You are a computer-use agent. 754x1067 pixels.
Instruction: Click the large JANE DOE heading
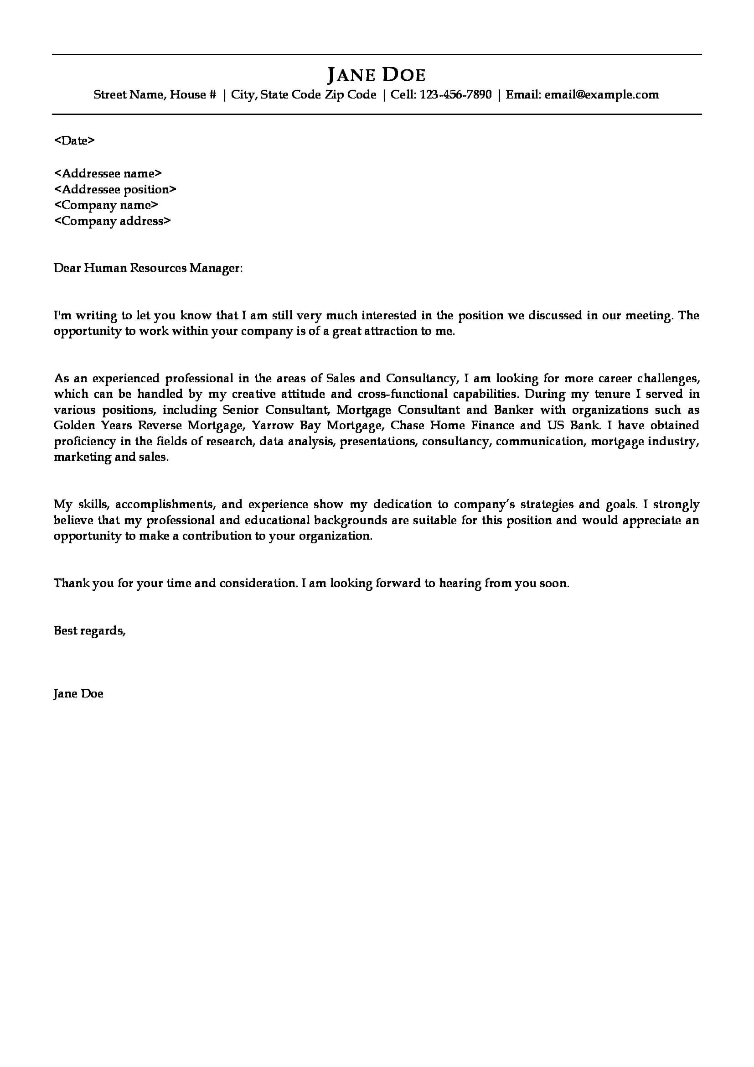click(x=377, y=75)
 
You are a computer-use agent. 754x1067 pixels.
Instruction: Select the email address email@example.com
click(x=602, y=95)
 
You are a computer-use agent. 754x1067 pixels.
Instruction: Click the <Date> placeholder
click(x=75, y=141)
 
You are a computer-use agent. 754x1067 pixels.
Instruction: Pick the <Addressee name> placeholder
click(x=108, y=173)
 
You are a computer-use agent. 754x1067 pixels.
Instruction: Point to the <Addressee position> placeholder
click(x=115, y=189)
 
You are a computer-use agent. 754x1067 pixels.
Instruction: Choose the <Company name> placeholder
click(x=106, y=205)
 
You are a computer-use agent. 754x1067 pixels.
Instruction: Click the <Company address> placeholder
click(x=112, y=221)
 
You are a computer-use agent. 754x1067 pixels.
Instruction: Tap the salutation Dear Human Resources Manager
click(x=148, y=268)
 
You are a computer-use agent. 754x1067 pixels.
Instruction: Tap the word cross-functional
click(x=403, y=394)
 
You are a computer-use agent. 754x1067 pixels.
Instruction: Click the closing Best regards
click(x=90, y=630)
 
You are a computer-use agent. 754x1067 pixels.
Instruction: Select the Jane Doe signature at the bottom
click(x=78, y=694)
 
